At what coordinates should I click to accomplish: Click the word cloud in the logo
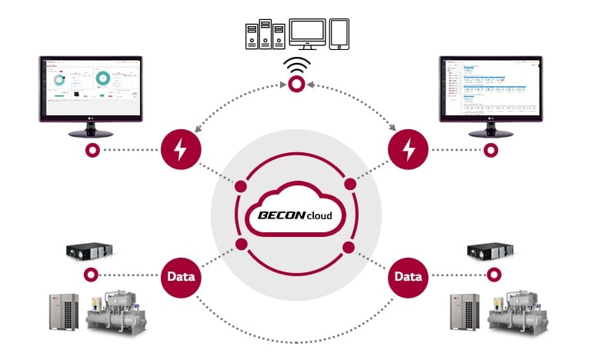319,216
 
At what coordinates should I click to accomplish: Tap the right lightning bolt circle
409,149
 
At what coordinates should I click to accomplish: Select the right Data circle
409,275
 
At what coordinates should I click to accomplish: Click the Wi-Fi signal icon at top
295,66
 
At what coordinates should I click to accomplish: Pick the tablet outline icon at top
339,34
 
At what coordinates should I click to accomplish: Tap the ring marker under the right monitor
489,149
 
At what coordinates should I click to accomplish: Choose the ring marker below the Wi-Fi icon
295,87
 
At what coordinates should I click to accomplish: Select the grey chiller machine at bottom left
115,312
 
